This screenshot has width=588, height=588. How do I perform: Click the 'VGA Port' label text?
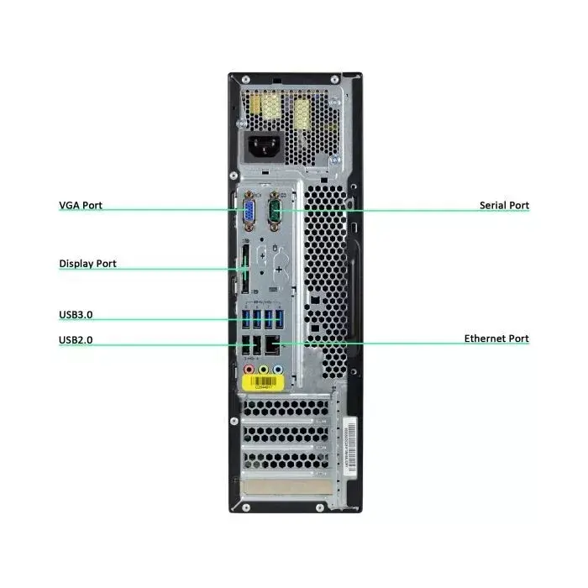(x=81, y=205)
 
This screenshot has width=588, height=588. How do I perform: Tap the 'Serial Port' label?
(x=504, y=205)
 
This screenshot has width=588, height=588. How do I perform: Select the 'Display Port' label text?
(x=87, y=264)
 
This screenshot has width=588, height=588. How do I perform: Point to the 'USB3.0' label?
(x=76, y=316)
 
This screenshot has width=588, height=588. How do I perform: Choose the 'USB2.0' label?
(x=76, y=341)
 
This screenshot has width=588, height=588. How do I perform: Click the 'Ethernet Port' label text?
(x=496, y=339)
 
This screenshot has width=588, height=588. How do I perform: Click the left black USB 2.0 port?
(x=245, y=343)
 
